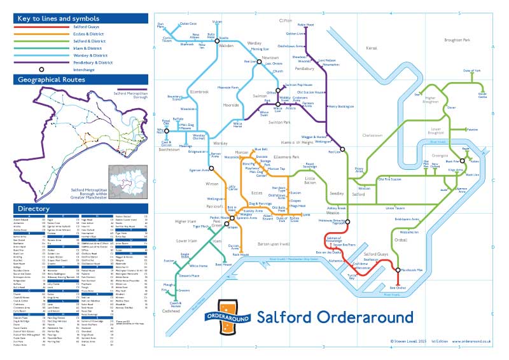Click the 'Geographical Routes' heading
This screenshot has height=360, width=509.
click(52, 80)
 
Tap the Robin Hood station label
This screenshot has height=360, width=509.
click(305, 25)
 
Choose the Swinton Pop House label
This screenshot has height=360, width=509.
click(300, 85)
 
